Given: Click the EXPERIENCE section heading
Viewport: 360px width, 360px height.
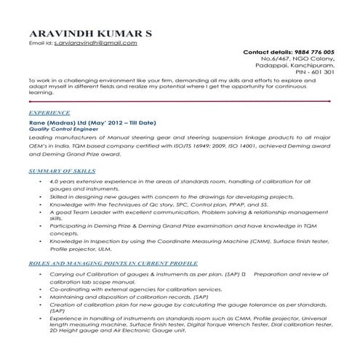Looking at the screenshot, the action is [49, 114].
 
